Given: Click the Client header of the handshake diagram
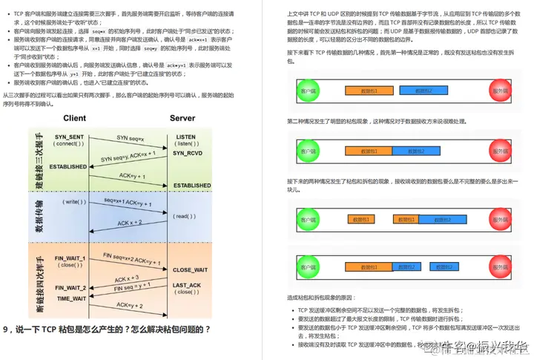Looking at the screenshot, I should (x=74, y=118).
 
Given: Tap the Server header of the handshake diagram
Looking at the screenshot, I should (x=182, y=118).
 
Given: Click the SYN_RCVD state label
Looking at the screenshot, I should (x=188, y=153).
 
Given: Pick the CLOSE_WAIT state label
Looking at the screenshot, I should (x=191, y=270).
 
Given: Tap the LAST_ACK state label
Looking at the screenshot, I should (x=188, y=285).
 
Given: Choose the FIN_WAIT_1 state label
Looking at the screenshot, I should (x=70, y=258).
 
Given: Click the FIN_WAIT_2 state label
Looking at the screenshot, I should (x=70, y=287).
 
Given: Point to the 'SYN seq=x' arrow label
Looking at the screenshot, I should (x=131, y=138).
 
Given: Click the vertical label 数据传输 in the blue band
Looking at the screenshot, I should (x=39, y=215).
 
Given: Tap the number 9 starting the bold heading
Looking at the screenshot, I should (x=6, y=329).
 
